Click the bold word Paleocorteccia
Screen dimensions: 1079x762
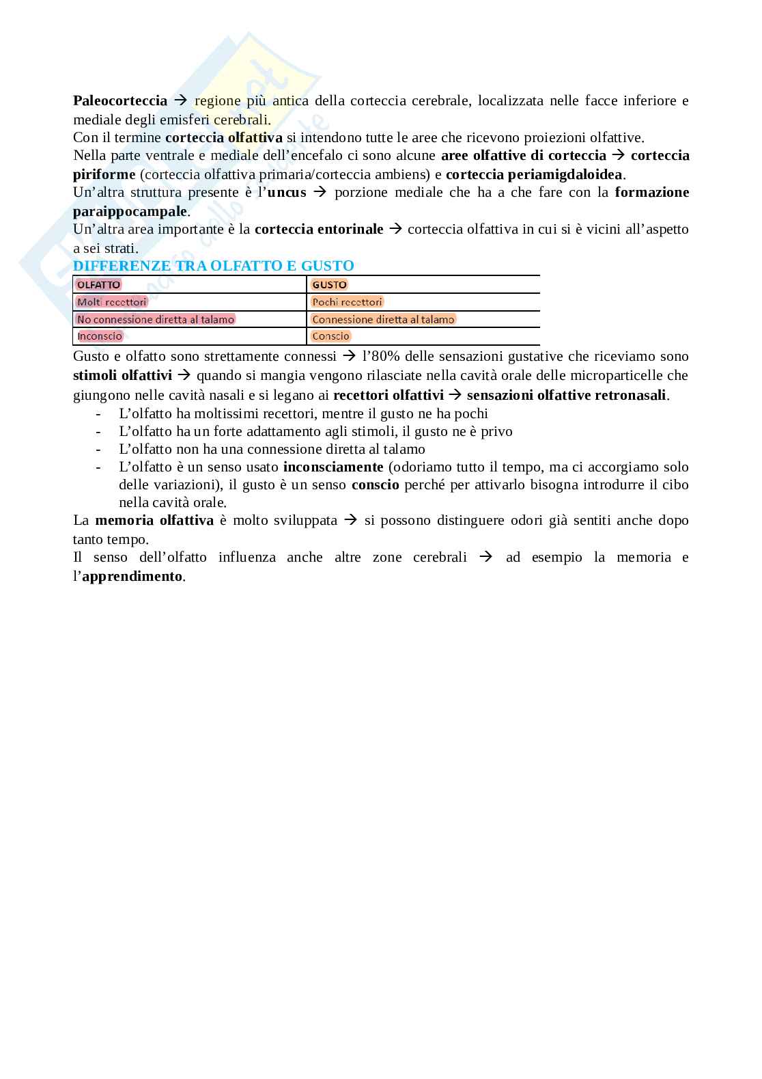click(x=120, y=101)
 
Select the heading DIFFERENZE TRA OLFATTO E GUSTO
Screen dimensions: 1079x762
click(x=213, y=266)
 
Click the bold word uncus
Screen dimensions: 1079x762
click(x=287, y=193)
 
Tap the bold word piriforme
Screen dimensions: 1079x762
click(x=104, y=174)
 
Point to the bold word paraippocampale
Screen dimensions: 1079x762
click(x=130, y=211)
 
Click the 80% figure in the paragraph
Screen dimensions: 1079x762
click(x=384, y=357)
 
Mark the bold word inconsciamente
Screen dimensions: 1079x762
click(x=333, y=467)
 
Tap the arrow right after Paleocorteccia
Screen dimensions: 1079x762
click(x=181, y=101)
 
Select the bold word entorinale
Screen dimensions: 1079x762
click(x=351, y=230)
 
